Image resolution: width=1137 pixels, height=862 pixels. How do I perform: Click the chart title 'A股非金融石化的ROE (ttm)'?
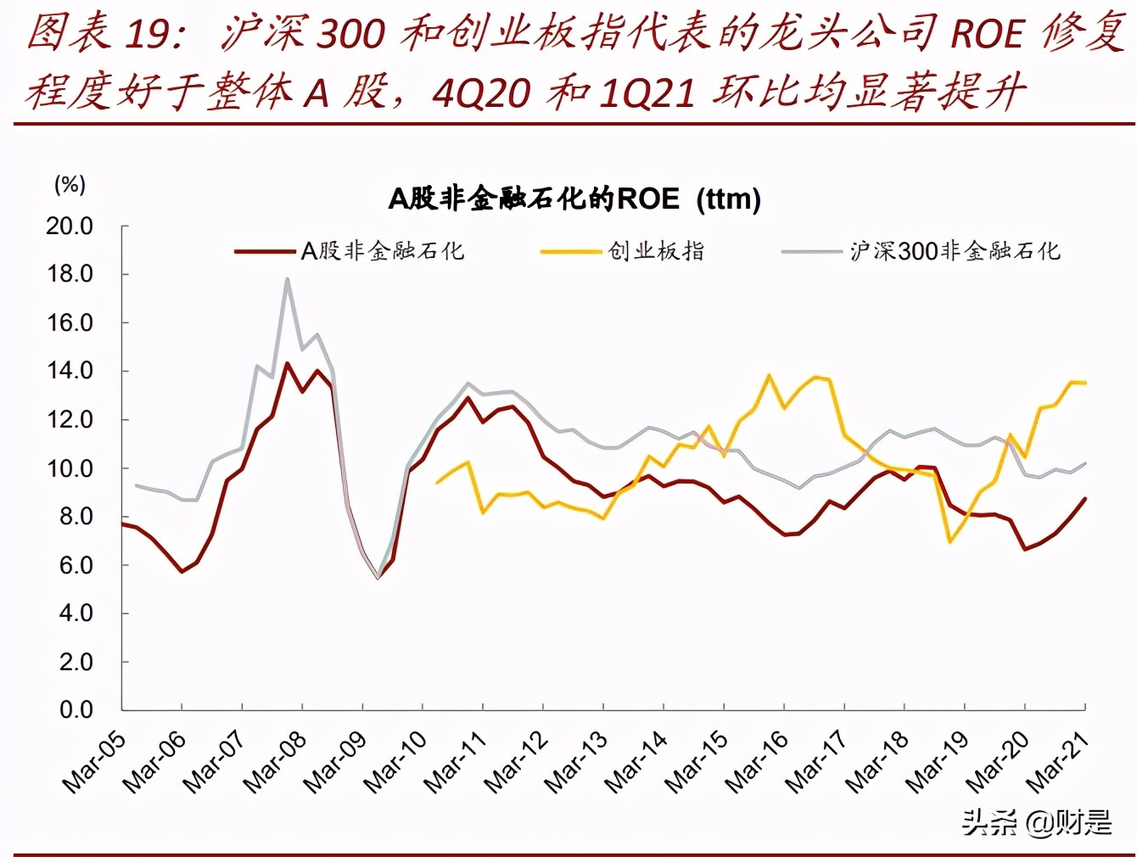tap(574, 199)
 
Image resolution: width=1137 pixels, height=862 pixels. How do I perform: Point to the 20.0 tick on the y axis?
tap(70, 227)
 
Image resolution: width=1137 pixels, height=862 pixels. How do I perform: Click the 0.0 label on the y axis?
tap(76, 710)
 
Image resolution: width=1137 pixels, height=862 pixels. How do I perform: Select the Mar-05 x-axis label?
tap(95, 761)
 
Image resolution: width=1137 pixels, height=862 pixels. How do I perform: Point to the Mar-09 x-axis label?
tap(336, 761)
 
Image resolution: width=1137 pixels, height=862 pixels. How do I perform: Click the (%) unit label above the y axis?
tap(70, 184)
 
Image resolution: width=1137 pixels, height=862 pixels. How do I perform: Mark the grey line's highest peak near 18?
tap(287, 278)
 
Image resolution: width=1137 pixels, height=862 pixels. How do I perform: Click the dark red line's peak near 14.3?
tap(287, 363)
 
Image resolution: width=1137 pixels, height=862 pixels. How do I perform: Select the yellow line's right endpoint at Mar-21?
tap(1085, 383)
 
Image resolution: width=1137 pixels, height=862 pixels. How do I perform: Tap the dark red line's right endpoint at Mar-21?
tap(1085, 498)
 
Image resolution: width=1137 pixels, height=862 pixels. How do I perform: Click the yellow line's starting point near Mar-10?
tap(437, 483)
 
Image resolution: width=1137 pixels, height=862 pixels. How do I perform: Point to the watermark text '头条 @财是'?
tap(1036, 821)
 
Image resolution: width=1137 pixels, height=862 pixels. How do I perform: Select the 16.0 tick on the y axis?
tap(70, 323)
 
